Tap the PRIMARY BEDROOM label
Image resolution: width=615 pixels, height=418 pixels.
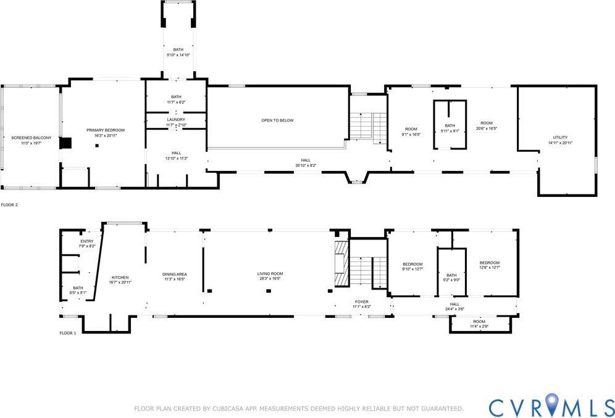106,130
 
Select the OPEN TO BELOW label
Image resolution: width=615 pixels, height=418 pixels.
277,120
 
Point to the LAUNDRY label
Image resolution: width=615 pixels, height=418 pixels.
176,120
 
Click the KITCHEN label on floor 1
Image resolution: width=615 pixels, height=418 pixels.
120,277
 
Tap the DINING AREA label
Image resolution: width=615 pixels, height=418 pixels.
175,274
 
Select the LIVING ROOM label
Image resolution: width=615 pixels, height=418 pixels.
270,274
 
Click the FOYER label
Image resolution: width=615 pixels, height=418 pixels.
361,302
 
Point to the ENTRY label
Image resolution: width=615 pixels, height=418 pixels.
87,241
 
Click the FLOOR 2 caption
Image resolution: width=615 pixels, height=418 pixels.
9,204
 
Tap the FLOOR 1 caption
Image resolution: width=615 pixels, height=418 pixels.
67,333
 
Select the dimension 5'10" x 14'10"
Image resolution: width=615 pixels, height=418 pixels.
178,55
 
